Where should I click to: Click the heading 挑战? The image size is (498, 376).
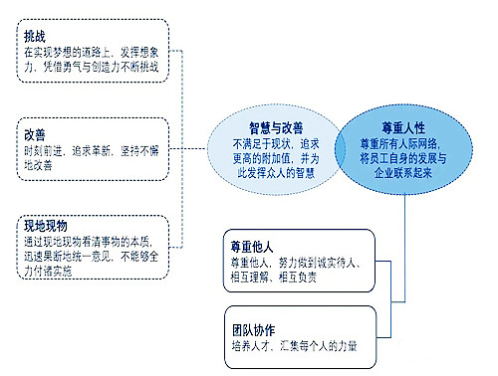click(35, 37)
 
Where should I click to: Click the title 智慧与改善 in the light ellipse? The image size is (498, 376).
click(274, 128)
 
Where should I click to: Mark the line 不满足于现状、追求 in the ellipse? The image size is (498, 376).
click(274, 143)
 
